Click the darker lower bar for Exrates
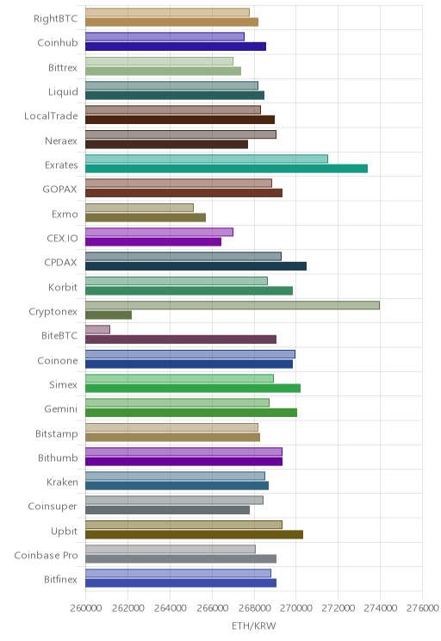(x=227, y=168)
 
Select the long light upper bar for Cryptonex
(x=233, y=305)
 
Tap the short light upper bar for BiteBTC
(x=97, y=329)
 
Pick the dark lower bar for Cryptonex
(x=109, y=314)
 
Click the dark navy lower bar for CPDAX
(x=196, y=266)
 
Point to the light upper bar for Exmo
(x=140, y=208)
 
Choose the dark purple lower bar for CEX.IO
(x=153, y=241)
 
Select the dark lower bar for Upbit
(x=194, y=534)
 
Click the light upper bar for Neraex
(x=181, y=134)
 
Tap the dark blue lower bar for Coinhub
(x=176, y=47)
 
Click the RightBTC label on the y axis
(x=56, y=19)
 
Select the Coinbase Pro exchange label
(x=46, y=555)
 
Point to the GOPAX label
(x=59, y=190)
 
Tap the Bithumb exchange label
(x=58, y=457)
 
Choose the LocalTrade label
(x=51, y=116)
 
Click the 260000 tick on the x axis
(x=86, y=608)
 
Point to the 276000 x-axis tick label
(x=422, y=608)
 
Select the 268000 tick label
(x=254, y=608)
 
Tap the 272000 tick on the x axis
(x=338, y=608)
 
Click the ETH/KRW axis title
(x=254, y=625)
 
